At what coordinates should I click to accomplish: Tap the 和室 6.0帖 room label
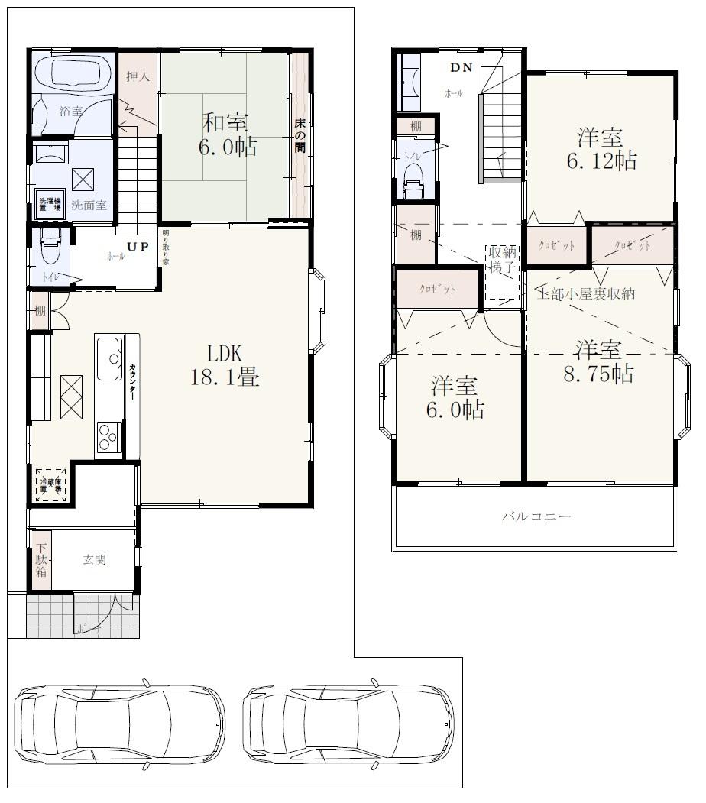click(x=227, y=134)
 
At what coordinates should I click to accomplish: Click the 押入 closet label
click(x=138, y=76)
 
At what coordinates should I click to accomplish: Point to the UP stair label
click(x=138, y=247)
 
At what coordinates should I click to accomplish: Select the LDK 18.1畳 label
click(x=225, y=365)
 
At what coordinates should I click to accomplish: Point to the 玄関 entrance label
click(x=94, y=560)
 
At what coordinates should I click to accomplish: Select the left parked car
click(x=120, y=723)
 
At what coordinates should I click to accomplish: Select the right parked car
click(x=348, y=723)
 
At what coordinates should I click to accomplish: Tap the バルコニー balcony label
click(x=536, y=517)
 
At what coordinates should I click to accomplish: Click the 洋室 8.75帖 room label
click(x=600, y=362)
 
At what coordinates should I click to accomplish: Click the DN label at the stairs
click(x=461, y=67)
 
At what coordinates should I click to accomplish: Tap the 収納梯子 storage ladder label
click(x=502, y=262)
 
